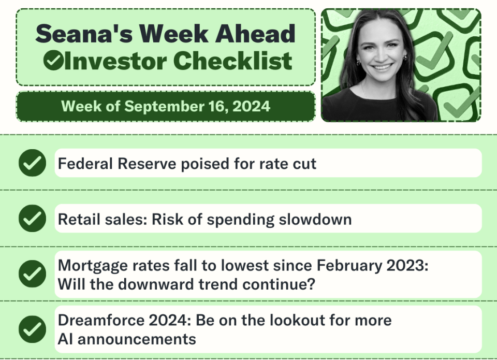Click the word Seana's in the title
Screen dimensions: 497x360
84,34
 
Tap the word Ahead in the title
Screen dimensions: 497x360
255,34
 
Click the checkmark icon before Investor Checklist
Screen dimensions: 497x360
53,61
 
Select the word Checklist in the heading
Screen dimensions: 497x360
232,61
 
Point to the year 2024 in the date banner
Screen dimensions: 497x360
251,106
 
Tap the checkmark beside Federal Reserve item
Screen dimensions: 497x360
32,163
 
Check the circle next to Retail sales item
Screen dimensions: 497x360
32,219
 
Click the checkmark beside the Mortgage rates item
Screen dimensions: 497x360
32,273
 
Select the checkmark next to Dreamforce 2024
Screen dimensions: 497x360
32,329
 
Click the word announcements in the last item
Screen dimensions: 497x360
137,339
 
